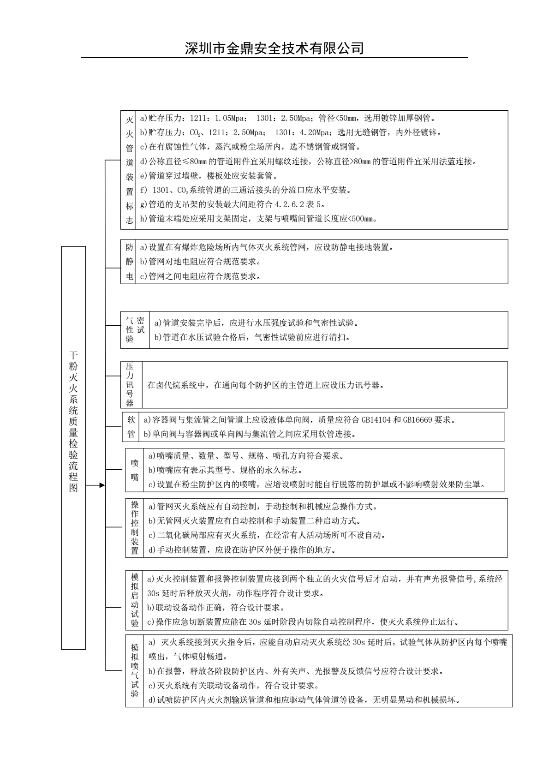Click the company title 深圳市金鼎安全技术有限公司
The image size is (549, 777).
coord(274,48)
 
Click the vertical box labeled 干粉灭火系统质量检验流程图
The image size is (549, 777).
coord(73,448)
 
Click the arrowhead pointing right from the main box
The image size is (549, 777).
coord(102,485)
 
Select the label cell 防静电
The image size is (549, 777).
coord(130,262)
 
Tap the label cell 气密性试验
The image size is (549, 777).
coord(135,329)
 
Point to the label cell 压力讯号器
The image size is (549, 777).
coord(130,385)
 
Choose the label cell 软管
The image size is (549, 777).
coord(131,427)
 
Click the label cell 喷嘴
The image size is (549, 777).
coord(134,470)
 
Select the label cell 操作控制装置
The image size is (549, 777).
coord(134,528)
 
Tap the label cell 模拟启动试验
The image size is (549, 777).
coord(134,600)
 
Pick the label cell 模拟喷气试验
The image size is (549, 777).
coord(134,671)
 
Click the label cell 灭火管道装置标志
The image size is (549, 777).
coord(130,169)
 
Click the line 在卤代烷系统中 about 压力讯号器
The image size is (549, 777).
coord(265,385)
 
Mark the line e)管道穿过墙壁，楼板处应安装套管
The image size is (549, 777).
coord(209,176)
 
